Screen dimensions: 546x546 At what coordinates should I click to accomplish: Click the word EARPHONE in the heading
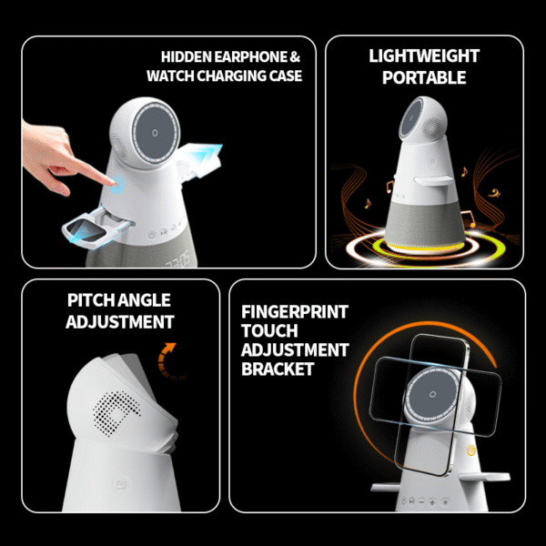[250, 57]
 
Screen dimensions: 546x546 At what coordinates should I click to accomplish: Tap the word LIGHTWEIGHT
[424, 56]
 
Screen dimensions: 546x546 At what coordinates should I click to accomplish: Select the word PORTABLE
[424, 77]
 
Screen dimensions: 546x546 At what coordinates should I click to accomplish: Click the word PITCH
[90, 300]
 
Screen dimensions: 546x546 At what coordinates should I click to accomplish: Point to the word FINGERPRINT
[295, 311]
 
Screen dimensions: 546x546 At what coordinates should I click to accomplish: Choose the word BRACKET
[278, 369]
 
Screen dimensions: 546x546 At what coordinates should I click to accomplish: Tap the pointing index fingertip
[111, 181]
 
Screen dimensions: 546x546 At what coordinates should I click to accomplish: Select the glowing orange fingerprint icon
[470, 450]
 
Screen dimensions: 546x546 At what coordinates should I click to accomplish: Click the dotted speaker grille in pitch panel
[116, 413]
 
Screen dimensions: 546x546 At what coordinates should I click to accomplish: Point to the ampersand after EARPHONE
[295, 57]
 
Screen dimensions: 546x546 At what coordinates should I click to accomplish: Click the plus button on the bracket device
[432, 502]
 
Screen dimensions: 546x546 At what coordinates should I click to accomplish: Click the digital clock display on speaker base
[177, 260]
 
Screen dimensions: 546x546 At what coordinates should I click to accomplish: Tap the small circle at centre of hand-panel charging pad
[155, 133]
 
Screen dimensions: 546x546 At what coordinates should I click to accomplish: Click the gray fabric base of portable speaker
[424, 224]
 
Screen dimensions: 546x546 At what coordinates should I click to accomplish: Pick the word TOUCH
[269, 331]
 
